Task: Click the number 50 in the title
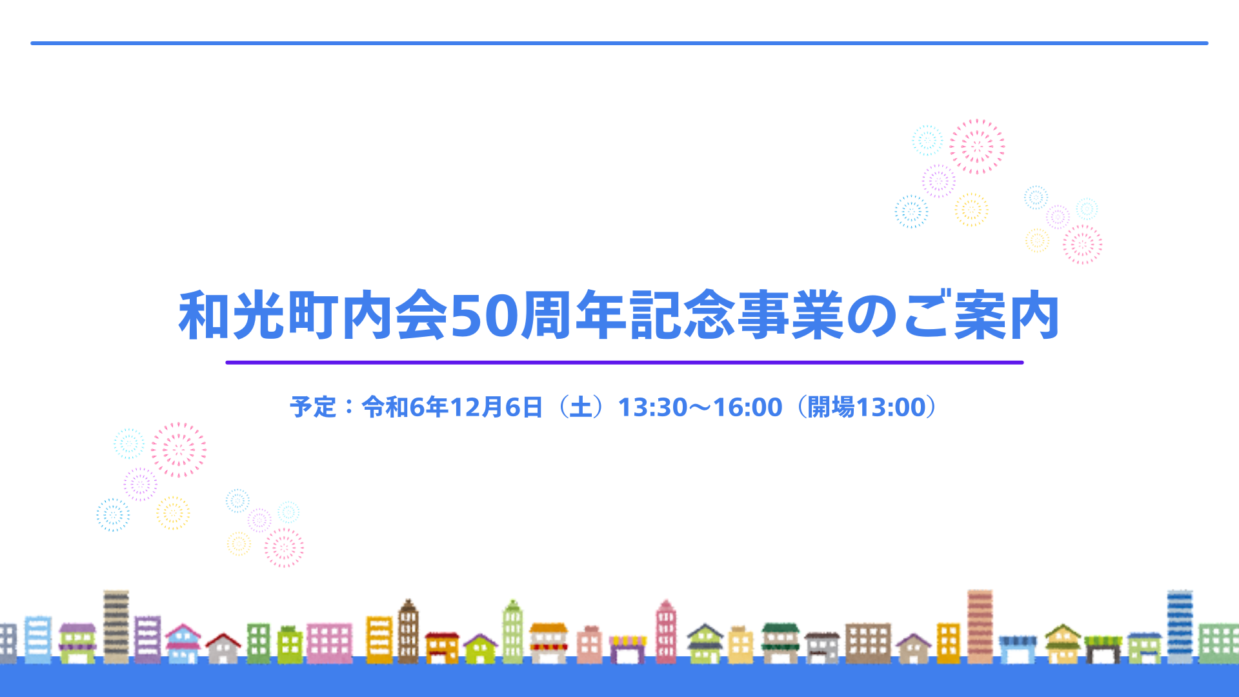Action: tap(484, 316)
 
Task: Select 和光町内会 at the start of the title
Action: tap(313, 316)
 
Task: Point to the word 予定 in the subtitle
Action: tap(313, 407)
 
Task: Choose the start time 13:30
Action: tap(653, 407)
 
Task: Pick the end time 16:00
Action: tap(747, 407)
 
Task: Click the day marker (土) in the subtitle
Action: tap(581, 407)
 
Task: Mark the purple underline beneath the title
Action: tap(625, 363)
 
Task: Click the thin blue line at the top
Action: tap(619, 43)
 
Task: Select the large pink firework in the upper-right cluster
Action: tap(977, 146)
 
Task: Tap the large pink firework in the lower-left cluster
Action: tap(179, 450)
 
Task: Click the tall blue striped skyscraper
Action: tap(1180, 626)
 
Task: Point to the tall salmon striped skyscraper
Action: tap(980, 626)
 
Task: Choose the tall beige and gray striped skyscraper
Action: tap(116, 627)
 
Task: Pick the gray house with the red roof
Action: tap(223, 648)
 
